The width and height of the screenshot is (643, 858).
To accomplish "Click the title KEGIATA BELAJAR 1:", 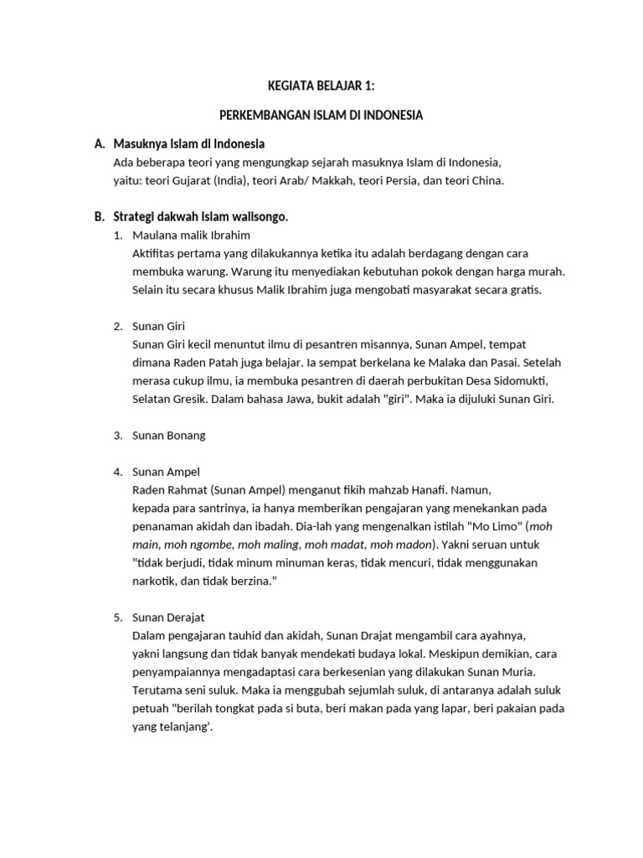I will point(321,85).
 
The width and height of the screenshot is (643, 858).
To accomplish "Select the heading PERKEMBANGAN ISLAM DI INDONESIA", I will point(321,115).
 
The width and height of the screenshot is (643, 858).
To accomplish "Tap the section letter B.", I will point(99,216).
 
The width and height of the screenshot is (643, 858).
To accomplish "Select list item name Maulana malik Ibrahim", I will point(191,235).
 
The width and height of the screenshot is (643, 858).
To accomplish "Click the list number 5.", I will point(118,618).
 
